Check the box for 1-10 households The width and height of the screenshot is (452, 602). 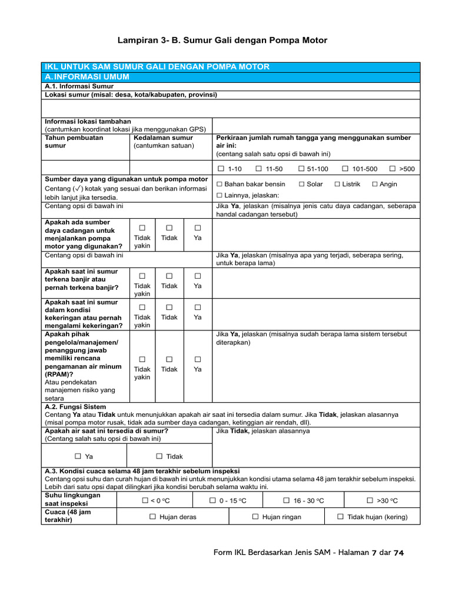tap(221, 169)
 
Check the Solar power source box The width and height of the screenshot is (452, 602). tap(301, 184)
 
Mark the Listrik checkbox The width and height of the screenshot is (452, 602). tap(337, 184)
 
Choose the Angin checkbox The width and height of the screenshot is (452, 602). tap(375, 184)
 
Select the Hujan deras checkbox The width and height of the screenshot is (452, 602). tap(152, 517)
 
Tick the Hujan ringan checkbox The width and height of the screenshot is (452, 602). tap(255, 517)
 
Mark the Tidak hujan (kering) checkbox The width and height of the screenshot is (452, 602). tap(341, 517)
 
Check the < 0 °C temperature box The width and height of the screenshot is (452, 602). tap(144, 500)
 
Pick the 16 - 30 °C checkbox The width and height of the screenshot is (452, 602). tap(287, 500)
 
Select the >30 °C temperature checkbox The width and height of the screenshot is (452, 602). tap(370, 500)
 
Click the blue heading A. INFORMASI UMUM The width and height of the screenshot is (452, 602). tap(87, 77)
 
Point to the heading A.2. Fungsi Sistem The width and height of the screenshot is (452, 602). tap(75, 406)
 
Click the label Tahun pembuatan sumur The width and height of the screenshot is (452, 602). tap(74, 141)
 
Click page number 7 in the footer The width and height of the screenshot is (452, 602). tap(373, 553)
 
